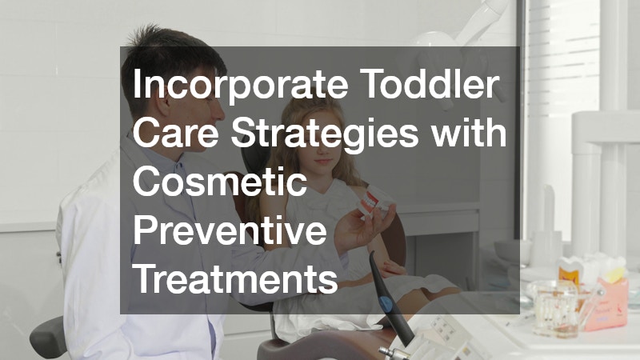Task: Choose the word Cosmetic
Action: [x=221, y=183]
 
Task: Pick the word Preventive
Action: [x=230, y=232]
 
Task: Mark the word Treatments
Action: [x=235, y=280]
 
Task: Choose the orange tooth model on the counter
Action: [x=570, y=276]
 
